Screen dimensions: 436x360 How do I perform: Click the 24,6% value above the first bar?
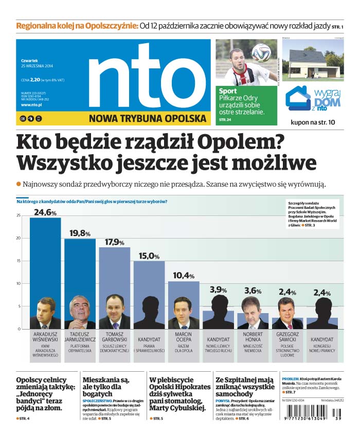tap(45, 212)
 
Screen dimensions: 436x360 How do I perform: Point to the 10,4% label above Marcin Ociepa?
tap(184, 276)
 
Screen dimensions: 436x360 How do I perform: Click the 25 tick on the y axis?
tap(19, 215)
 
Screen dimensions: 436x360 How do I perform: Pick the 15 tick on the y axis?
tap(19, 261)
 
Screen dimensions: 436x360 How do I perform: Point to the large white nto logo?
tap(136, 77)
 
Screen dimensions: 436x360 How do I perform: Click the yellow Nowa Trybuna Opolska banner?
tap(147, 118)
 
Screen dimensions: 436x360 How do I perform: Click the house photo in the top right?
tap(313, 60)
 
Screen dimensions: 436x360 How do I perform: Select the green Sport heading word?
tap(228, 92)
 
